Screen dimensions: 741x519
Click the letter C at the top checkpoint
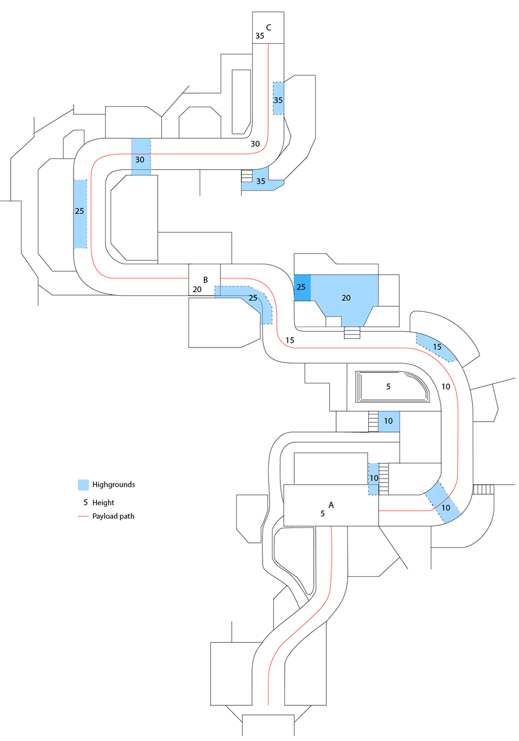269,27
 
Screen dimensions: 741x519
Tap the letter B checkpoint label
205,280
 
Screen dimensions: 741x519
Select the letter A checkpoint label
331,504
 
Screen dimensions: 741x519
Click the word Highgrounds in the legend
114,485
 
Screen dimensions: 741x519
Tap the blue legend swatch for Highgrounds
83,485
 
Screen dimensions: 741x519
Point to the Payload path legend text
113,516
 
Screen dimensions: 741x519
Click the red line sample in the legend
83,516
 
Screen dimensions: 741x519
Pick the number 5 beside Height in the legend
85,503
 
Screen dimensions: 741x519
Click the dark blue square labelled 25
302,287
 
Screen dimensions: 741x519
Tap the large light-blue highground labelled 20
346,298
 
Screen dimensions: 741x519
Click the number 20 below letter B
197,289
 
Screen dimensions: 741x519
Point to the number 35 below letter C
259,36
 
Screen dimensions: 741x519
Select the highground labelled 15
437,346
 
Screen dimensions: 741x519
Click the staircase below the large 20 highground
352,333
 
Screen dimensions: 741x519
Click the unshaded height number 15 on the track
290,340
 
